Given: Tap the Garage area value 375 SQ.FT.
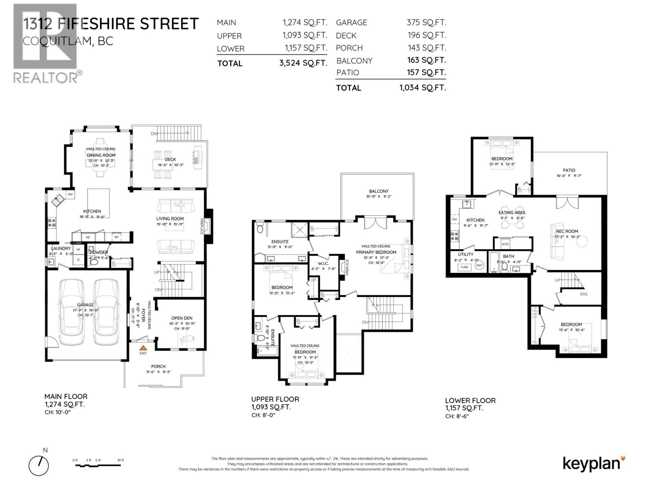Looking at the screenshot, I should coord(426,23).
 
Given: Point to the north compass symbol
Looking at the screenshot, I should coord(39,465).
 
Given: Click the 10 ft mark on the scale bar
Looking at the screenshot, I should coord(121,460).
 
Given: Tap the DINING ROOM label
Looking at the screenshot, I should coord(101,155).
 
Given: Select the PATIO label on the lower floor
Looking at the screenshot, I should coord(569,170).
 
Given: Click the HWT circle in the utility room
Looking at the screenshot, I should coord(479,266).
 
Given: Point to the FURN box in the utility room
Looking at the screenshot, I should coord(464,267).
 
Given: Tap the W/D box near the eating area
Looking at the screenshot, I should coord(505,244).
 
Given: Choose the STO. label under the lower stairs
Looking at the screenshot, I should coord(584,294).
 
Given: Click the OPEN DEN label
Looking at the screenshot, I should coord(181,318).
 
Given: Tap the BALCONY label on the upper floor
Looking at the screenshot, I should coord(379,191).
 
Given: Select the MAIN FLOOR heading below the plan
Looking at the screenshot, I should coord(66,396).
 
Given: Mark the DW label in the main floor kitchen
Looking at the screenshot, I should coord(70,194).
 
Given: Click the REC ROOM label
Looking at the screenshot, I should coord(567,231).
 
